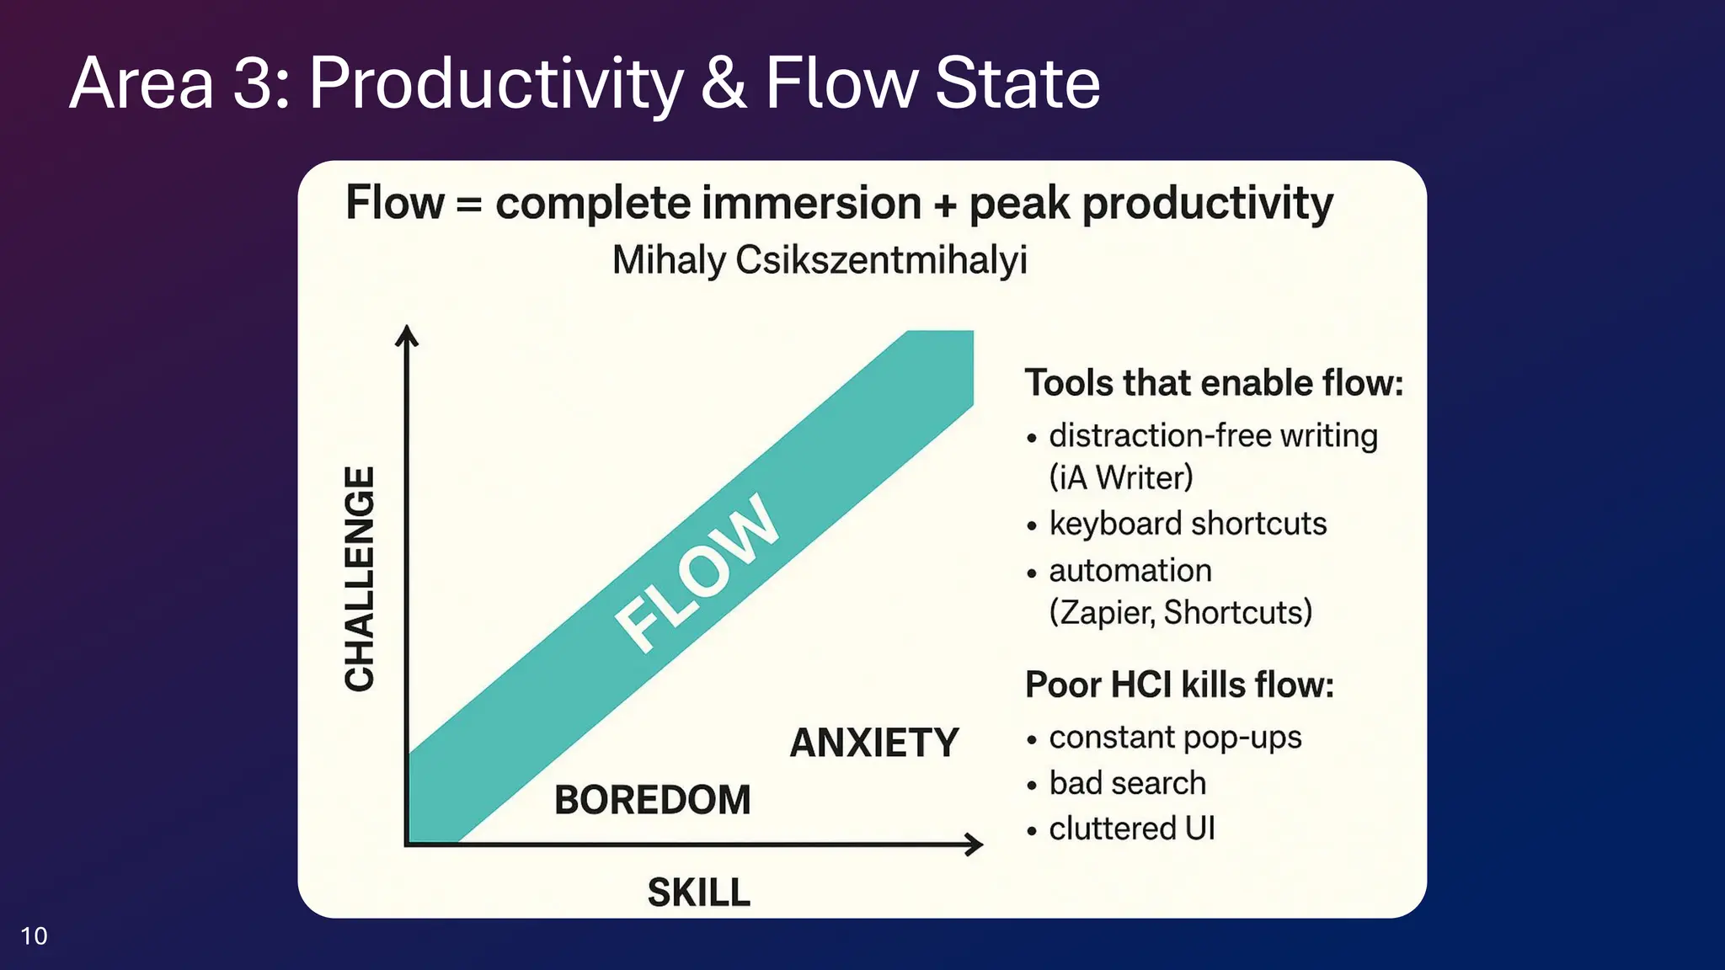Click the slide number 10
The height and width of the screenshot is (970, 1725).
point(34,935)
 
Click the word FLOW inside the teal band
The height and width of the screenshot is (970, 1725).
point(696,573)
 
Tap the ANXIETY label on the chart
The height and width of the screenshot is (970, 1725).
point(873,743)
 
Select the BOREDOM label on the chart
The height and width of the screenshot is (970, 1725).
point(652,799)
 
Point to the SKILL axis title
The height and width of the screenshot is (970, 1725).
point(698,893)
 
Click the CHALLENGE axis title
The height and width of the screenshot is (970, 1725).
point(360,579)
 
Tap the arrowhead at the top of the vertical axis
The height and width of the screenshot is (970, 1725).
point(407,336)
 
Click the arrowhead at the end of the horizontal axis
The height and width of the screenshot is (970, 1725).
point(975,844)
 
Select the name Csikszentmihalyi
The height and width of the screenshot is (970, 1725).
point(881,259)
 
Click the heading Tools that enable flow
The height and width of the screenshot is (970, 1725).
point(1214,383)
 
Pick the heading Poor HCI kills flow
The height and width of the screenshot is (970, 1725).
point(1179,685)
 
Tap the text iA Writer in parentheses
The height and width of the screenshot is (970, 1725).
point(1121,477)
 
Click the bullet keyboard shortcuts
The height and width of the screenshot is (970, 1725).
point(1188,524)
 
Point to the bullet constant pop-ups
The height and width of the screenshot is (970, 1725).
point(1175,738)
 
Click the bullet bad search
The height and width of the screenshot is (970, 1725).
point(1127,783)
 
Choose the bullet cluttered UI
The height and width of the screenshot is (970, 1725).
point(1131,829)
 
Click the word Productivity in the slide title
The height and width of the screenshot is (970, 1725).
point(495,83)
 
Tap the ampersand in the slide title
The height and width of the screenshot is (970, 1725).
point(724,83)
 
